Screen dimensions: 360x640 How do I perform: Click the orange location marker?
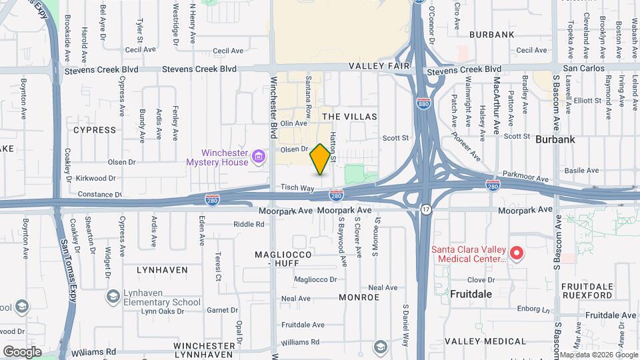pyautogui.click(x=321, y=159)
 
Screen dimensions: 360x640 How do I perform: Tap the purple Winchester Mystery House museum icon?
pyautogui.click(x=259, y=158)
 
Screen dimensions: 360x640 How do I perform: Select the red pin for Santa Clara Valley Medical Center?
pyautogui.click(x=515, y=253)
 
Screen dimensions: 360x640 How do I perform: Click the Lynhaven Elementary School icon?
pyautogui.click(x=113, y=295)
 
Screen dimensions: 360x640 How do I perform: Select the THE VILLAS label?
pyautogui.click(x=349, y=117)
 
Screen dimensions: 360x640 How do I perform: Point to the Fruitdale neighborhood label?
pyautogui.click(x=471, y=293)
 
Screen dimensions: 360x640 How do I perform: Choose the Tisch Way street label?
pyautogui.click(x=297, y=189)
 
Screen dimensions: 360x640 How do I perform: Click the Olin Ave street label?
pyautogui.click(x=293, y=123)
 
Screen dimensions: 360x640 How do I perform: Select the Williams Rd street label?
pyautogui.click(x=94, y=351)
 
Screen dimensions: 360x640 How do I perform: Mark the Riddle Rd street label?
pyautogui.click(x=249, y=224)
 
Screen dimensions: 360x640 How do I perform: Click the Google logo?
pyautogui.click(x=22, y=351)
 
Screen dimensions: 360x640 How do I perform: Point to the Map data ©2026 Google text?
pyautogui.click(x=598, y=355)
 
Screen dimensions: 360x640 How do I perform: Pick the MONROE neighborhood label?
pyautogui.click(x=359, y=297)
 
